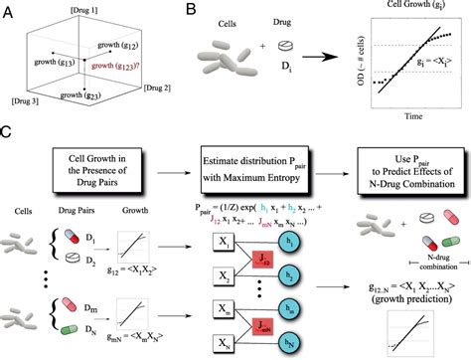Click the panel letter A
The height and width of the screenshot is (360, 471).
coord(7,10)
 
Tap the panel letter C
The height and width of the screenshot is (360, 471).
coord(8,131)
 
